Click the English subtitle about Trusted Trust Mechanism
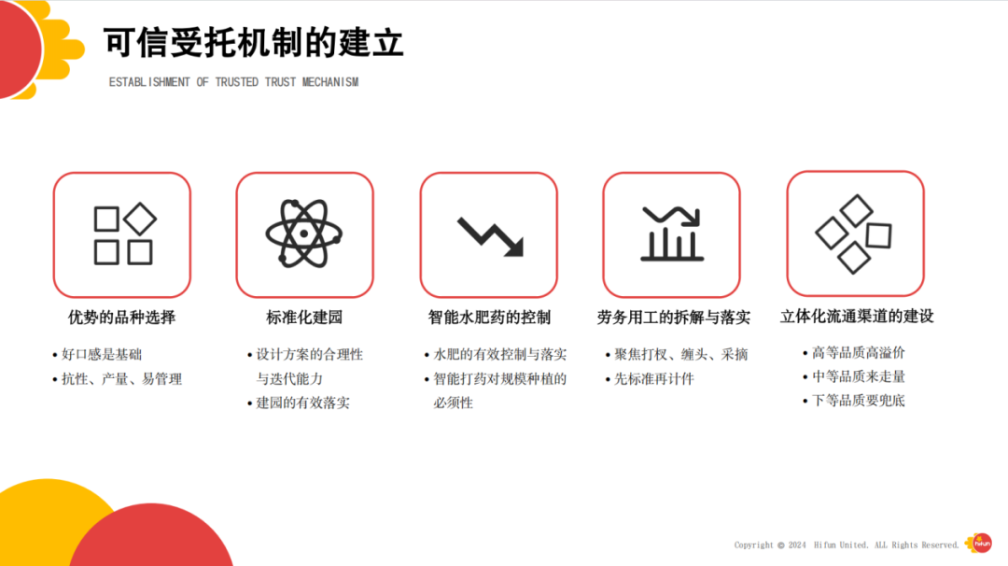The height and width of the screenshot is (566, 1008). tap(233, 82)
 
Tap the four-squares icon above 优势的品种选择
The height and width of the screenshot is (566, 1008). tap(122, 234)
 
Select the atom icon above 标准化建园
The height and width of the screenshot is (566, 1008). tap(304, 234)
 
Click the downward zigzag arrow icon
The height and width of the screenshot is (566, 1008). tap(489, 235)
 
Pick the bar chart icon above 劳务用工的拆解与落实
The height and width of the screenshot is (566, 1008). tap(671, 233)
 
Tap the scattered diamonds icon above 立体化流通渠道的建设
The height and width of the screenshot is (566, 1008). tap(854, 233)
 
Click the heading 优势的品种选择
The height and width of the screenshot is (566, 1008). tap(121, 318)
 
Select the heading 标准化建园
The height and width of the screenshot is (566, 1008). tap(304, 318)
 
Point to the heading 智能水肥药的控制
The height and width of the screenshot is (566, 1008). tap(489, 318)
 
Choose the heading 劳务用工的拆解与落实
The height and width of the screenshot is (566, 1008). tap(673, 318)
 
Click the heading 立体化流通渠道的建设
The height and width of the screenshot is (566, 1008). tap(857, 317)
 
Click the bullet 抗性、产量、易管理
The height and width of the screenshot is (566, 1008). tap(120, 379)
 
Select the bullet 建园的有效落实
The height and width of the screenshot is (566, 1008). tap(302, 403)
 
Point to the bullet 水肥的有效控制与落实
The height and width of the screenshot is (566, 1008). tap(499, 355)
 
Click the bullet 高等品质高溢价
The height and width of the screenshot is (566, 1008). tap(858, 353)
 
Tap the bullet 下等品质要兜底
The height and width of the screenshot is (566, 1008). tap(858, 401)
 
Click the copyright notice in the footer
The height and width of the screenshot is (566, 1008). tap(846, 545)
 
